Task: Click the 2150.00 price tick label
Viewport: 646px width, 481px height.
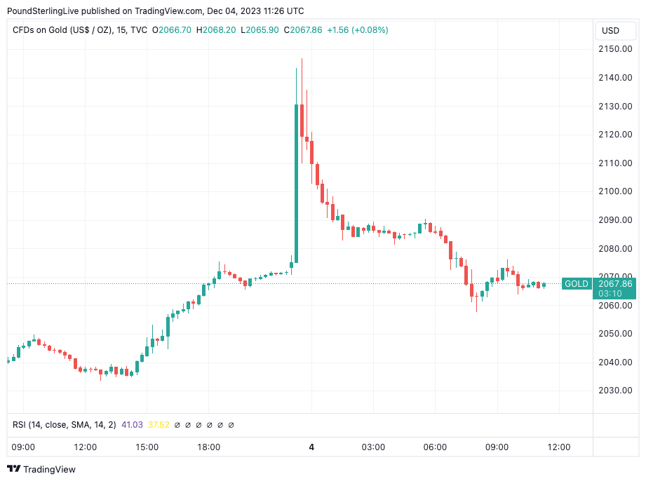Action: click(x=614, y=49)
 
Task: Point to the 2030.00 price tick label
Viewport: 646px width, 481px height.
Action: click(x=614, y=391)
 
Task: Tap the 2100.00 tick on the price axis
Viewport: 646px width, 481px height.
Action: click(x=614, y=191)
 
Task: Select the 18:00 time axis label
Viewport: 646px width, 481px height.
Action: click(x=208, y=447)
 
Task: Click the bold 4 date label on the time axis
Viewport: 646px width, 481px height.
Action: click(x=311, y=447)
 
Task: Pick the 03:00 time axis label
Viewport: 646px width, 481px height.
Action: click(x=373, y=447)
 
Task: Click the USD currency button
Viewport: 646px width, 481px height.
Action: click(x=610, y=31)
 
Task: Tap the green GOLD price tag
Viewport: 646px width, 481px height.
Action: click(x=577, y=283)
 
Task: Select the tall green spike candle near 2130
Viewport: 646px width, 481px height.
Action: click(x=296, y=182)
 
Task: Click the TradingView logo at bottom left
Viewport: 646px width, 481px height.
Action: click(x=41, y=469)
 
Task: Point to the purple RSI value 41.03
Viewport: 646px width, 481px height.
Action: click(x=133, y=425)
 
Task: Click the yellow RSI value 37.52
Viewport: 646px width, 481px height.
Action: click(x=159, y=425)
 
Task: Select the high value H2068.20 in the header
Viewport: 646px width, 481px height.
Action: click(x=215, y=30)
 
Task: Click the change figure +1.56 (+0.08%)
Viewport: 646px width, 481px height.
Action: click(x=358, y=30)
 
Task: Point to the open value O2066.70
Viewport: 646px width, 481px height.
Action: click(x=170, y=30)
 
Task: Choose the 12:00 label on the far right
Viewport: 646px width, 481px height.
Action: click(x=558, y=447)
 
